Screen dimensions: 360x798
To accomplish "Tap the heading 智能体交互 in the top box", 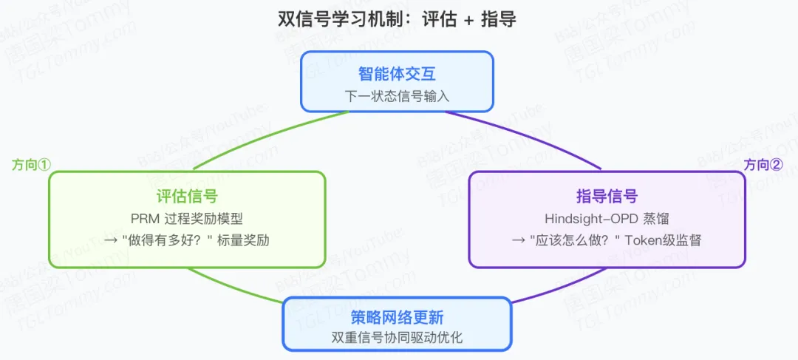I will [397, 74].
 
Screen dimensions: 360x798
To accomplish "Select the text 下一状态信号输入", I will [397, 96].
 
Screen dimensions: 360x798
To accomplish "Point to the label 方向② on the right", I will [763, 165].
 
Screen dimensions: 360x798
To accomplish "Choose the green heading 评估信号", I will [187, 196].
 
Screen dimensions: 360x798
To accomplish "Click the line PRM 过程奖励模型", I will [187, 219].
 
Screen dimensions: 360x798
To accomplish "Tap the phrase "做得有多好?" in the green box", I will [165, 241].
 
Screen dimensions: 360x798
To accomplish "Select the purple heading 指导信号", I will [607, 196].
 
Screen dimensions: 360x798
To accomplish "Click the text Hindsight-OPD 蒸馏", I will [607, 219].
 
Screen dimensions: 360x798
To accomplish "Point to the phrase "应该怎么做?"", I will [573, 241].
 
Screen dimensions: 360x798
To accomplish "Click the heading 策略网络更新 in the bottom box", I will [397, 319].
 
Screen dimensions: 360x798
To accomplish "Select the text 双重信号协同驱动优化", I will [397, 339].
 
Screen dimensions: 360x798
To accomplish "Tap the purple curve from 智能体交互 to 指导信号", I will [532, 137].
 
